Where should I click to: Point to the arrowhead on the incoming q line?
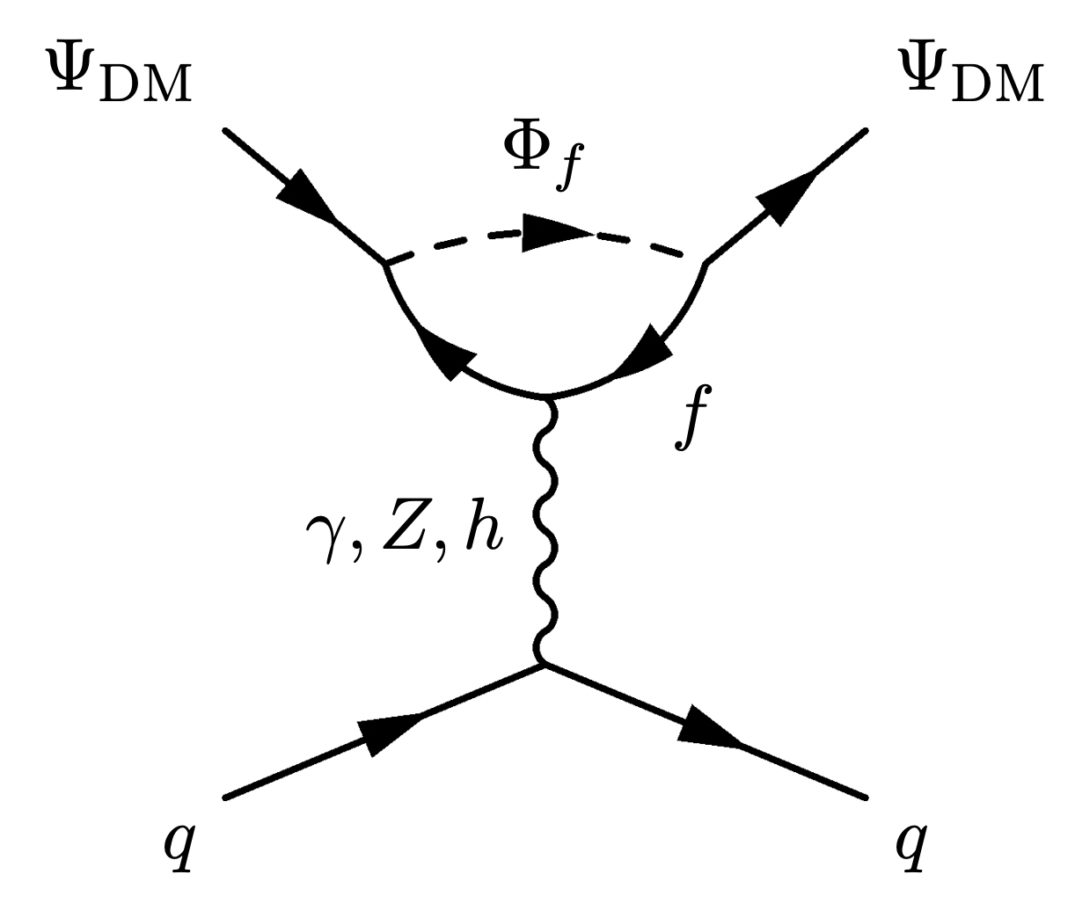pos(390,732)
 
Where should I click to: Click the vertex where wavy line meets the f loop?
pos(547,397)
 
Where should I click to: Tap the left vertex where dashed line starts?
pos(384,263)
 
